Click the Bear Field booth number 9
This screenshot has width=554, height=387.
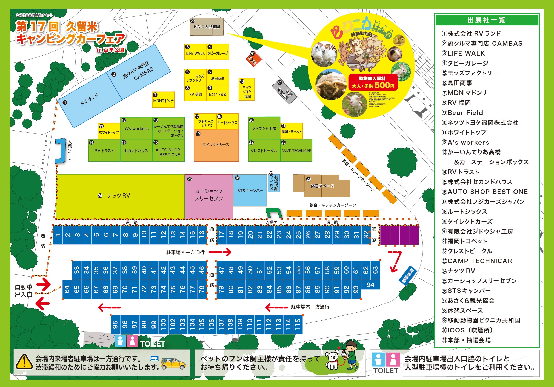[x=218, y=93]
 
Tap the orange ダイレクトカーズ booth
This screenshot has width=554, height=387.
[x=216, y=145]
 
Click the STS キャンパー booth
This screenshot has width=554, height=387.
[x=250, y=190]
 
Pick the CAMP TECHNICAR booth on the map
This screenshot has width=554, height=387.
[x=296, y=150]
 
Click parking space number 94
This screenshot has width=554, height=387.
[x=370, y=285]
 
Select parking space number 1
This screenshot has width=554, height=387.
[x=58, y=235]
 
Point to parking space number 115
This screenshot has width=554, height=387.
[x=298, y=325]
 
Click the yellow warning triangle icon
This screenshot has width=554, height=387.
[x=24, y=362]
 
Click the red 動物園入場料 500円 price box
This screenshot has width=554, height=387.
[x=373, y=82]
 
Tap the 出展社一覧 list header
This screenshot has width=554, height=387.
[x=486, y=20]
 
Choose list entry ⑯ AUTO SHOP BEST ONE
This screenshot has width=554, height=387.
[x=484, y=192]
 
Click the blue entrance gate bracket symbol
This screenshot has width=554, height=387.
[x=61, y=151]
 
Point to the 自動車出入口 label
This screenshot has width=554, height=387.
[x=24, y=291]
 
